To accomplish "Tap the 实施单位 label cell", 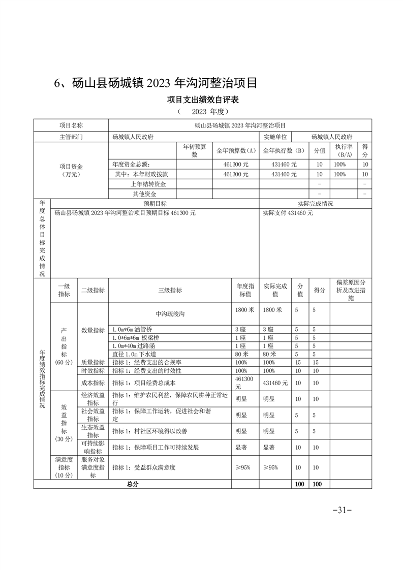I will (x=275, y=137).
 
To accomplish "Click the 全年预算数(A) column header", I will (x=235, y=150).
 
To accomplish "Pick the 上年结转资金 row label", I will (x=142, y=184).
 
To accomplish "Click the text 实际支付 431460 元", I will (x=288, y=213).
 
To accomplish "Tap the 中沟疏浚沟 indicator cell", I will (x=170, y=314).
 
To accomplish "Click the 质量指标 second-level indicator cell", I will (x=92, y=362).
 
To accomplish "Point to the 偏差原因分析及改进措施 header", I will (x=351, y=290).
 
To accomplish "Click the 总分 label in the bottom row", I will (x=132, y=484).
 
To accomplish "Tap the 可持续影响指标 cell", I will (x=92, y=447).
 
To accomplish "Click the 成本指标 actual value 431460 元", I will (x=275, y=383).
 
